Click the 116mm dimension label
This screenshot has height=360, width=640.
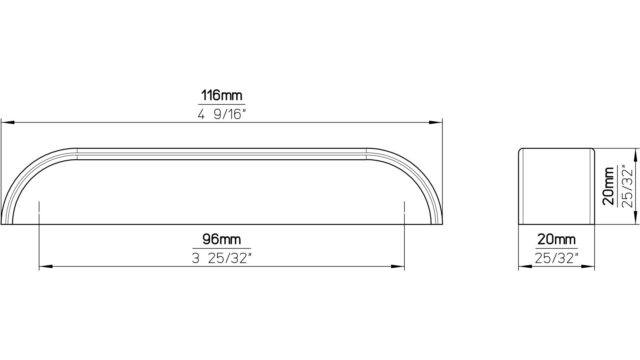coord(222,96)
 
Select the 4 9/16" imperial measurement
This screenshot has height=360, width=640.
coord(222,114)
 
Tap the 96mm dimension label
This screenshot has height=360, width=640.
coord(222,239)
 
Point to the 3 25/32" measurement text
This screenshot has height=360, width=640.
coord(222,258)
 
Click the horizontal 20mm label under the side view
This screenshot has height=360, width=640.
coord(556,239)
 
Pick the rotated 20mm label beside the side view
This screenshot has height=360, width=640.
coord(609,186)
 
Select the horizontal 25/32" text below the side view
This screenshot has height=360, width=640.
coord(557,258)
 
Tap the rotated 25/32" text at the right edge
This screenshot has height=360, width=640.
coord(627,186)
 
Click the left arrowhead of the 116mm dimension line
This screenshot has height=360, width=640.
coord(8,122)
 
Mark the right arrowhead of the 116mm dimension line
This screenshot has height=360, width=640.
coord(435,122)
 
